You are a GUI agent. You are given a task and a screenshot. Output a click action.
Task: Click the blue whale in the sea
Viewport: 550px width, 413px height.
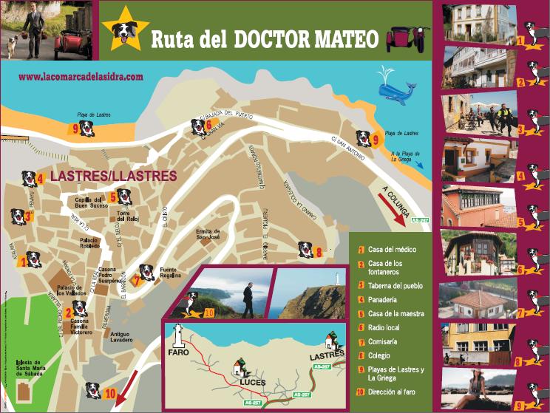(396, 89)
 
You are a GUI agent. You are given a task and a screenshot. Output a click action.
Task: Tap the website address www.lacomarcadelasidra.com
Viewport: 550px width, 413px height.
(81, 75)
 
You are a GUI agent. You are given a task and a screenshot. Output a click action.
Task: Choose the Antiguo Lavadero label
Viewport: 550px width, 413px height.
(121, 337)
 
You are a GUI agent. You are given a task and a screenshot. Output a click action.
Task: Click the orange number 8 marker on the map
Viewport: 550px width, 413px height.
(319, 252)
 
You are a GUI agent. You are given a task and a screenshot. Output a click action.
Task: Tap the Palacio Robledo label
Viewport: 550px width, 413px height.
(90, 244)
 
